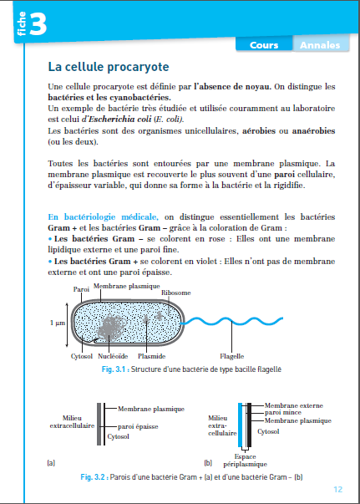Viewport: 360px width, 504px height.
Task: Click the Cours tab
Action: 264,45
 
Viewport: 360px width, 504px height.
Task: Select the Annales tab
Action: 320,45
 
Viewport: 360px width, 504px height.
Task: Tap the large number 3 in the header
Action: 38,23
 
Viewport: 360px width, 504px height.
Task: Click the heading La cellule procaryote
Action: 109,67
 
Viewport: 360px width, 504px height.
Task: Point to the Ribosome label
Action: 175,293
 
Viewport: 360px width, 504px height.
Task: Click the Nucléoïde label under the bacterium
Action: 113,356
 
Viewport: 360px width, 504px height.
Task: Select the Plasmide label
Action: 151,356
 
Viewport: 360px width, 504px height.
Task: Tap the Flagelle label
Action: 231,356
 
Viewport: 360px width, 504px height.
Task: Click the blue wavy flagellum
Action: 231,321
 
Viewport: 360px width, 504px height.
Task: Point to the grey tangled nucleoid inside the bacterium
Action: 111,327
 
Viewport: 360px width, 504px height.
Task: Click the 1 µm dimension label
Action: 58,323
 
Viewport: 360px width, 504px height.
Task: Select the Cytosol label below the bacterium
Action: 82,356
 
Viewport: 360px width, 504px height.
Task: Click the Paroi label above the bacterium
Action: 81,289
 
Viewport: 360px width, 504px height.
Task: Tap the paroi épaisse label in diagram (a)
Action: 138,426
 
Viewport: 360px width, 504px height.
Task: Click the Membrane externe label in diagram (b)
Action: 293,405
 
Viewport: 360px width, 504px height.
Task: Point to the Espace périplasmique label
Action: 245,461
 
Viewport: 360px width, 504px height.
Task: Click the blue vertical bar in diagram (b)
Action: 240,425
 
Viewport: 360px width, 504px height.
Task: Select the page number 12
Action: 337,490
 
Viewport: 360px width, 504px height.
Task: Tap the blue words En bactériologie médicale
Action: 103,217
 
